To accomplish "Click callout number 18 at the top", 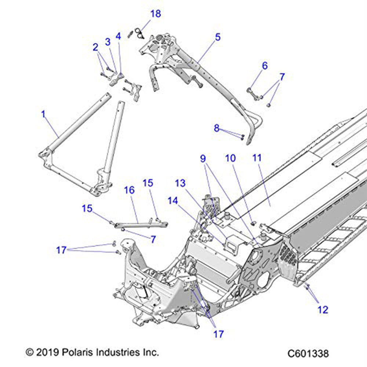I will click(156, 14).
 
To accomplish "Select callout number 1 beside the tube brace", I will click(44, 114).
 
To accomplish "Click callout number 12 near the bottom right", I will click(323, 310).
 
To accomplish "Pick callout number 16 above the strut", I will click(129, 190).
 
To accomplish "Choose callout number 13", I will click(181, 183).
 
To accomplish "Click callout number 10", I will click(230, 159).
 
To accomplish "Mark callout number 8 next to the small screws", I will click(217, 128).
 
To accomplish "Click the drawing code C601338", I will click(308, 354).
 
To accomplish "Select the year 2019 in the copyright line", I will click(43, 353).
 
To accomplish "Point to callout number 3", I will click(108, 42).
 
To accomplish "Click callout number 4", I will click(118, 36).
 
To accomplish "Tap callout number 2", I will click(95, 47).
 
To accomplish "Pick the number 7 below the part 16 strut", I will click(153, 239).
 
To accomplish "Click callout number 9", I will click(203, 159).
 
